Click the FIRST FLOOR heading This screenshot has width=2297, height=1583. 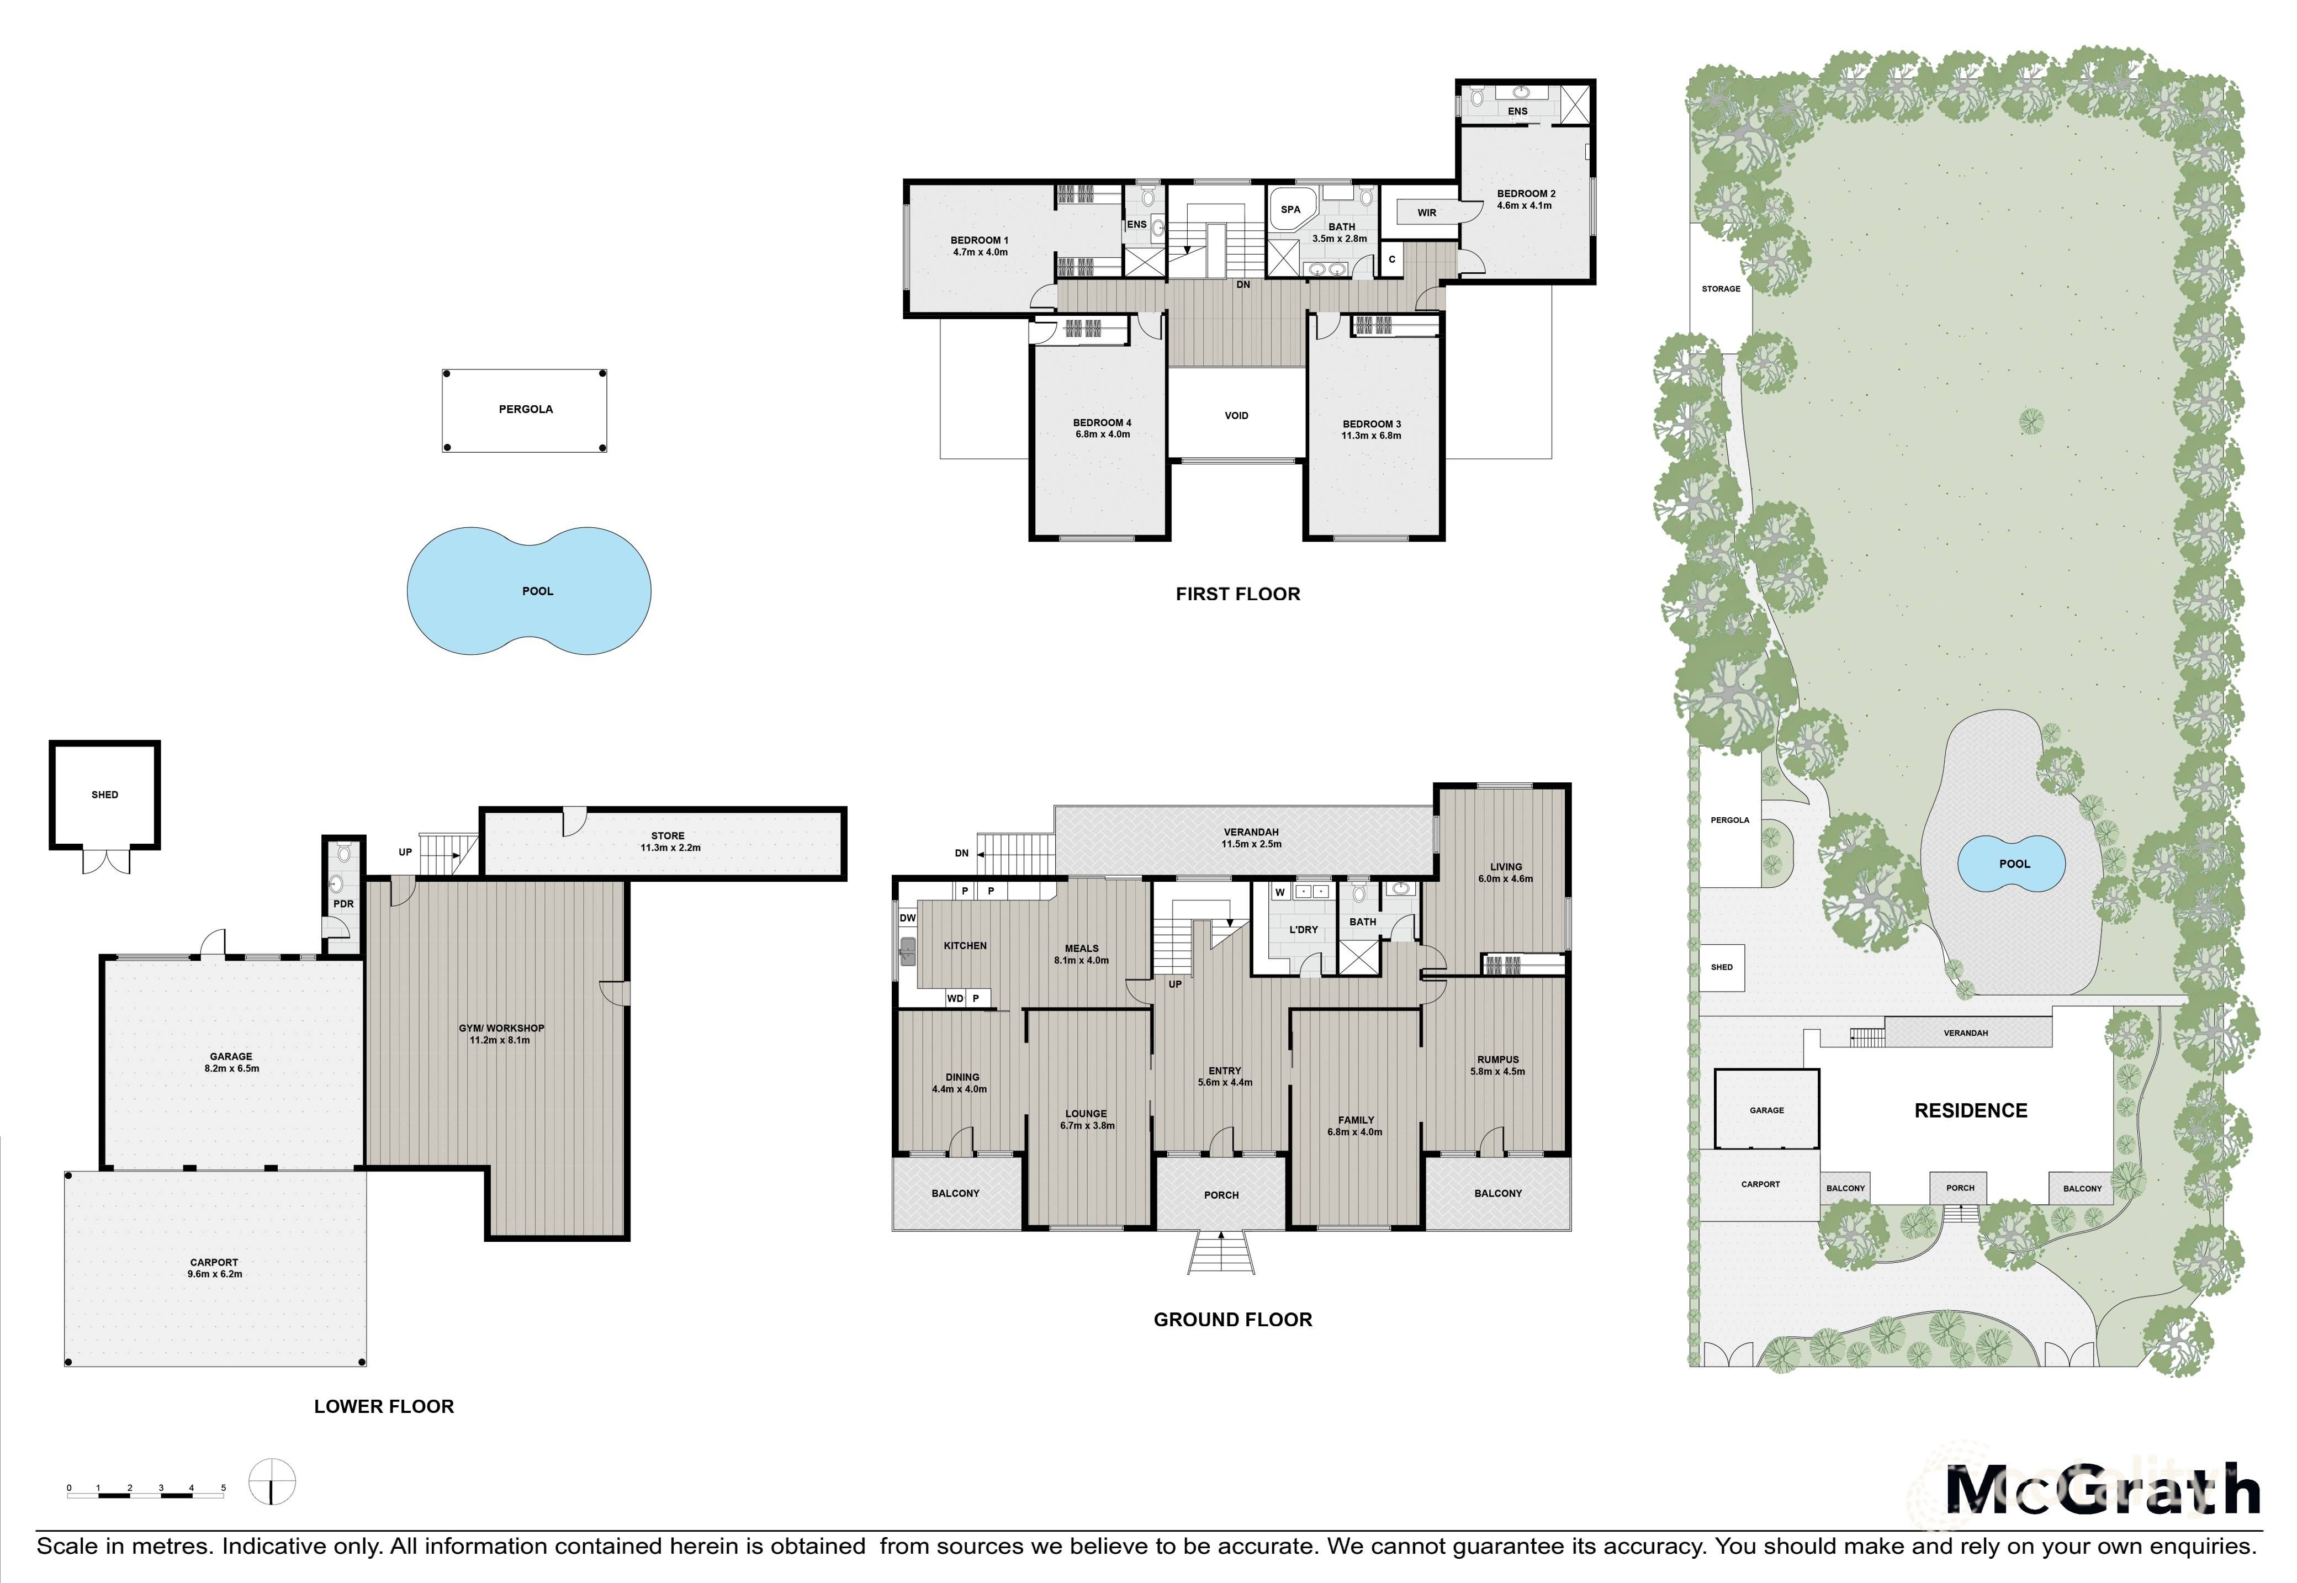coord(1238,594)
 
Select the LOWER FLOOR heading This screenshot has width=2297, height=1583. coord(384,1406)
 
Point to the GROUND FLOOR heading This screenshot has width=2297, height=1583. coord(1233,1319)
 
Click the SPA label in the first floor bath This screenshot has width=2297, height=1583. coord(1290,209)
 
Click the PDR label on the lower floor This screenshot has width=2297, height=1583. coord(343,903)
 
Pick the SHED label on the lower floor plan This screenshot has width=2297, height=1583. coord(104,795)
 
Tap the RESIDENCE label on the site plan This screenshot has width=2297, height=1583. coord(1971,1111)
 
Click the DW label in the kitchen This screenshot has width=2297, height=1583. coord(908,918)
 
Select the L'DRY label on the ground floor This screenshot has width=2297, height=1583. coord(1303,929)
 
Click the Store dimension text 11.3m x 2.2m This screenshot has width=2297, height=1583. coord(670,848)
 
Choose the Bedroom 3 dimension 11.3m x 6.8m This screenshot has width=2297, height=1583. coord(1372,436)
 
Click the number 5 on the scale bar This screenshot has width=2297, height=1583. coord(223,1488)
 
